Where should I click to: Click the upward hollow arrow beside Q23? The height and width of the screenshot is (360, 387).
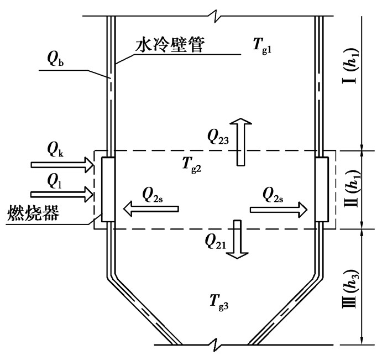pyautogui.click(x=240, y=142)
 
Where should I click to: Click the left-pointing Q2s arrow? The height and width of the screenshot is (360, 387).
pyautogui.click(x=150, y=208)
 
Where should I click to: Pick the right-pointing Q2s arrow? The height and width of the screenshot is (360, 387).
pyautogui.click(x=279, y=208)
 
